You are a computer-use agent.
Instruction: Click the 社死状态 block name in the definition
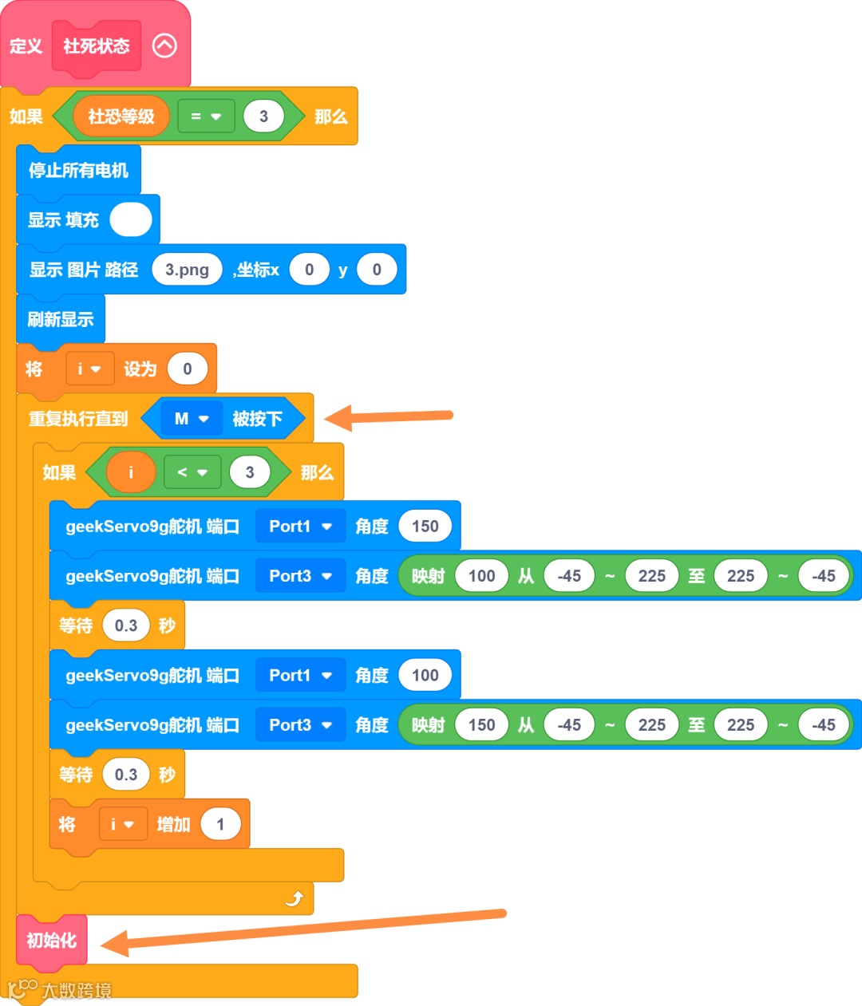click(x=97, y=46)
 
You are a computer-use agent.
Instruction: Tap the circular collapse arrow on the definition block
click(x=164, y=46)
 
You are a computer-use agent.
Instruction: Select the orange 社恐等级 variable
click(x=121, y=116)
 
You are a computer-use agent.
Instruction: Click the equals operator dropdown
click(x=206, y=116)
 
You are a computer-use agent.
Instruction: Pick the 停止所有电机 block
click(x=78, y=170)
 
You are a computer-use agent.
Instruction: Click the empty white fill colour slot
click(x=131, y=219)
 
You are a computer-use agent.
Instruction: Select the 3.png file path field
click(x=187, y=270)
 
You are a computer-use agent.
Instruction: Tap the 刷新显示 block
click(x=61, y=319)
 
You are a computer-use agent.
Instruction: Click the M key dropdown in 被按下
click(x=192, y=419)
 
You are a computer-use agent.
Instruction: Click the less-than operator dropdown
click(x=192, y=472)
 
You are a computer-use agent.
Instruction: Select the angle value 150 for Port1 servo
click(x=425, y=527)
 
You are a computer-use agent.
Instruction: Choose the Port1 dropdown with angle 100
click(x=300, y=676)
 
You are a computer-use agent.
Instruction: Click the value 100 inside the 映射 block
click(x=481, y=576)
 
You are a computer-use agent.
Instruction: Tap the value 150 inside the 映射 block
click(x=481, y=725)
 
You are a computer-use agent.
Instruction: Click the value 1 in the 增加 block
click(x=220, y=824)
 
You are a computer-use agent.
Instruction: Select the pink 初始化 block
click(x=52, y=941)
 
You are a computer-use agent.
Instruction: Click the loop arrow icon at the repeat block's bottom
click(x=295, y=899)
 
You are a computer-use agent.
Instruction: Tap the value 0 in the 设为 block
click(x=188, y=369)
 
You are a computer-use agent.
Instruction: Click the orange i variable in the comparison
click(x=131, y=472)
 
